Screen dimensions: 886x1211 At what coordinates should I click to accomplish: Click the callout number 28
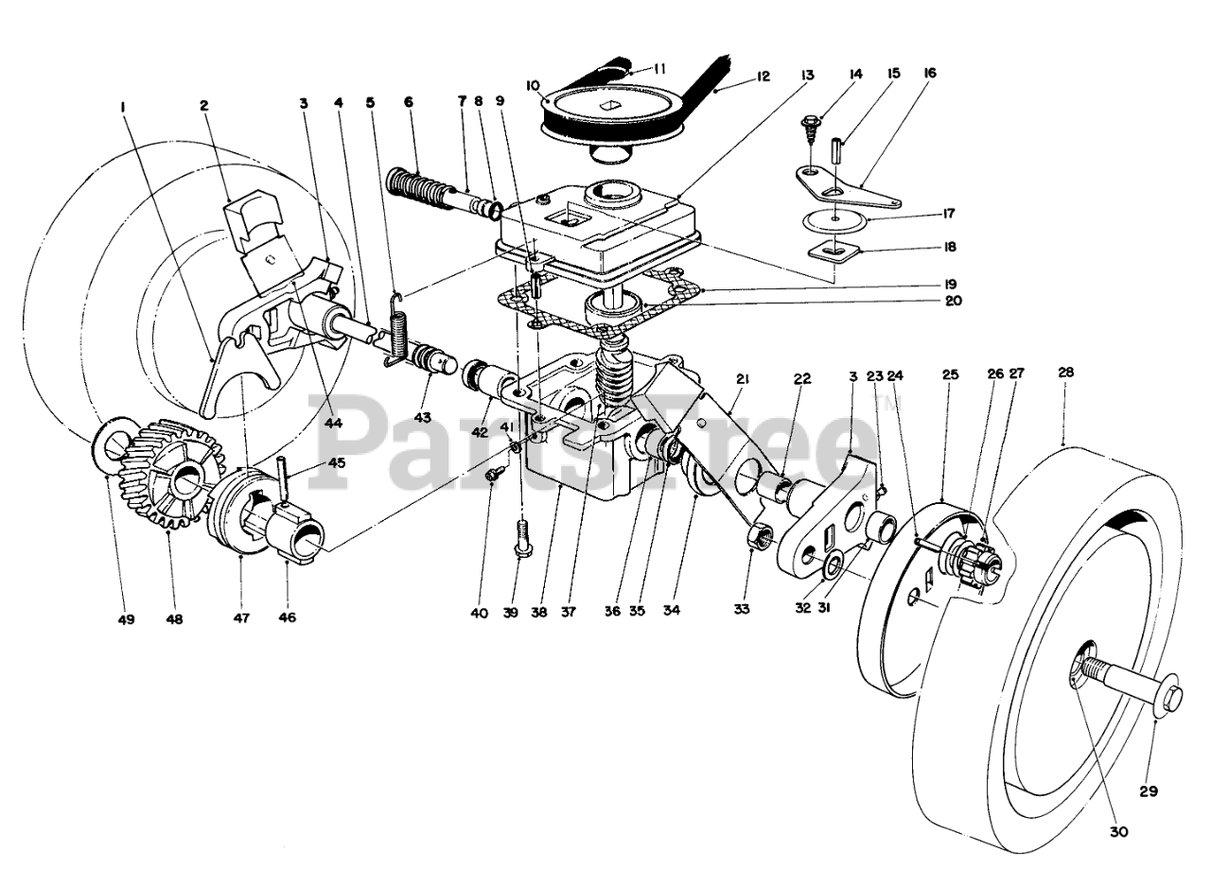1065,374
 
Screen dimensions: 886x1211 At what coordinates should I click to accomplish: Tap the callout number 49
127,620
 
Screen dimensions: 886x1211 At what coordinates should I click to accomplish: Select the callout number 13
805,74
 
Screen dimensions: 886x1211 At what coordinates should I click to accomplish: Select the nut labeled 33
757,538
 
